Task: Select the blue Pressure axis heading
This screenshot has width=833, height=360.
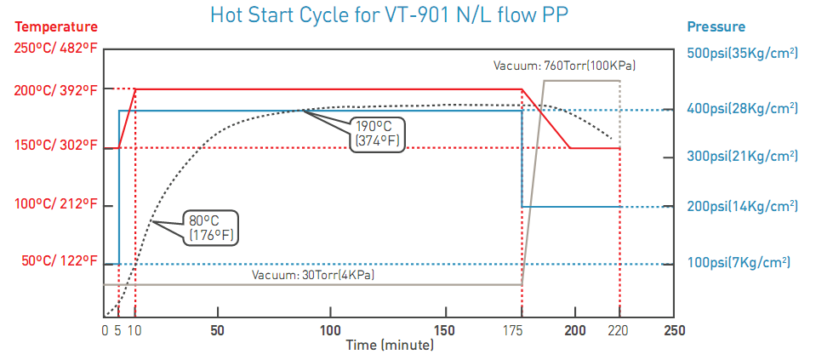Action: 716,27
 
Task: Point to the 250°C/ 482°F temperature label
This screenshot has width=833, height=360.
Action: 55,49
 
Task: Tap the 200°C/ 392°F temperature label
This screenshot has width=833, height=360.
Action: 55,89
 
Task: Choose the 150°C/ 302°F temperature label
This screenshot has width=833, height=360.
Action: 55,146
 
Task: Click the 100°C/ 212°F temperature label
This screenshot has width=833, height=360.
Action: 55,205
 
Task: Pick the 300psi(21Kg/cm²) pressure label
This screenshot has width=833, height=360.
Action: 742,156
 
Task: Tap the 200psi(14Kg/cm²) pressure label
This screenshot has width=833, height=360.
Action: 742,206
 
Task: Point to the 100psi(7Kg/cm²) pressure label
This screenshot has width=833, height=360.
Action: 739,261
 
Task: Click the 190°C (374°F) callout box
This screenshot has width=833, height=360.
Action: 377,134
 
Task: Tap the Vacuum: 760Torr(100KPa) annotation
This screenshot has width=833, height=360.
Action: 565,66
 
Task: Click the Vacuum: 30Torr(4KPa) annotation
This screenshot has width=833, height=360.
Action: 313,276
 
